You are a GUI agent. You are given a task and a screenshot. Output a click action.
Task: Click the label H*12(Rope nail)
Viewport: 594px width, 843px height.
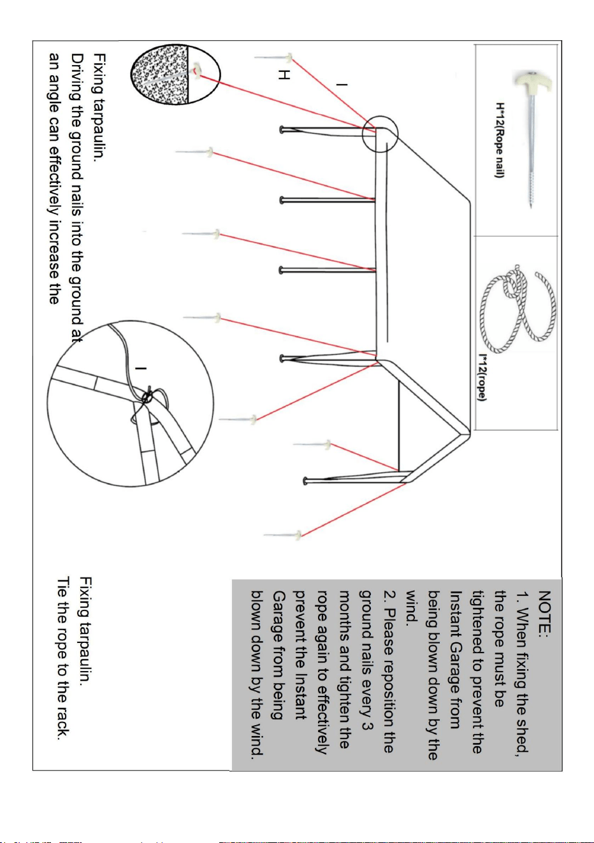tap(499, 140)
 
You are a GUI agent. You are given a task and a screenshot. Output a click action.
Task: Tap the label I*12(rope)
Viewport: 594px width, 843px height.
tap(482, 377)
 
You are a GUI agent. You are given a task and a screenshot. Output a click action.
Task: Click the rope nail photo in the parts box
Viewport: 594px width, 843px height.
tap(532, 138)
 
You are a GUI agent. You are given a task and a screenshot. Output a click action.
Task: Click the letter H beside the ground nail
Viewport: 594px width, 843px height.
tap(284, 75)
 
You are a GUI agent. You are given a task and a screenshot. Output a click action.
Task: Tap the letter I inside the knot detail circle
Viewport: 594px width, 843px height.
tap(141, 368)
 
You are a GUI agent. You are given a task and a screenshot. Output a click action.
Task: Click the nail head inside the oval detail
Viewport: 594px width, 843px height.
tap(196, 70)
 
